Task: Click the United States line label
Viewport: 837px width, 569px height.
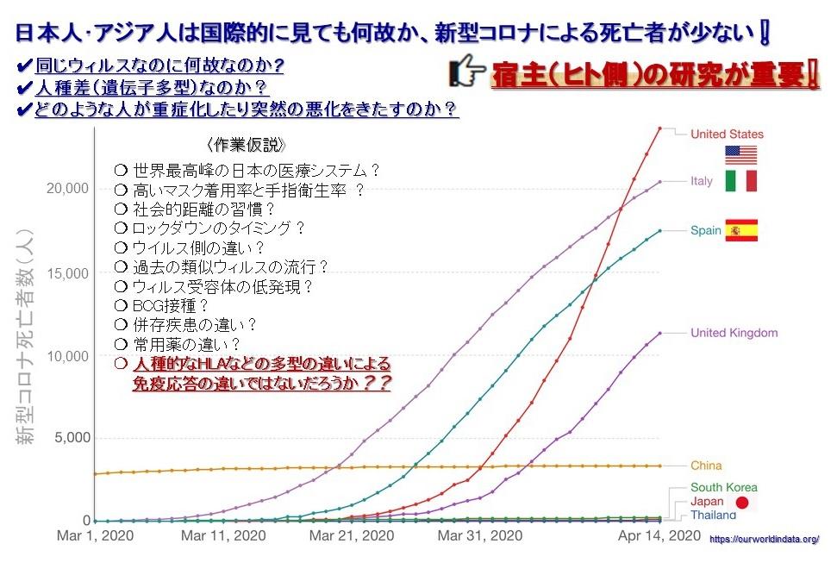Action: (727, 134)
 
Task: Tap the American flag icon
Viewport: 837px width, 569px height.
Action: (740, 155)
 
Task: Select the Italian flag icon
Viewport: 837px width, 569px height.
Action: (740, 181)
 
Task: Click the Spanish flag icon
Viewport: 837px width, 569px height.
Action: (740, 230)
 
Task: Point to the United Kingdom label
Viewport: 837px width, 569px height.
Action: (734, 333)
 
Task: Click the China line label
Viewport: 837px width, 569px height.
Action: (706, 466)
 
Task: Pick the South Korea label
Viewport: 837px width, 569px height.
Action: (724, 487)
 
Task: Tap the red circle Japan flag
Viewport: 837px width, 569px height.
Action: (742, 502)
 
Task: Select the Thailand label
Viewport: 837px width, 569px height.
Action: (713, 515)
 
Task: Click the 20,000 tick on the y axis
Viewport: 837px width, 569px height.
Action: (66, 189)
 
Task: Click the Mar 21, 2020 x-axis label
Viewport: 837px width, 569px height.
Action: (353, 536)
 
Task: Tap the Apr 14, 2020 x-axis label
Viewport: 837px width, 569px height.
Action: (660, 536)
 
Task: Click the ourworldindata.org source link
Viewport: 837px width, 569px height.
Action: (764, 539)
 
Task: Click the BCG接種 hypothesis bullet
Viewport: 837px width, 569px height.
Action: (162, 305)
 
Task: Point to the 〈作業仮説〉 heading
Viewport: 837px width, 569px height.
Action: (245, 144)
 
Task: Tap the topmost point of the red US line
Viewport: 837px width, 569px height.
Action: (659, 128)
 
